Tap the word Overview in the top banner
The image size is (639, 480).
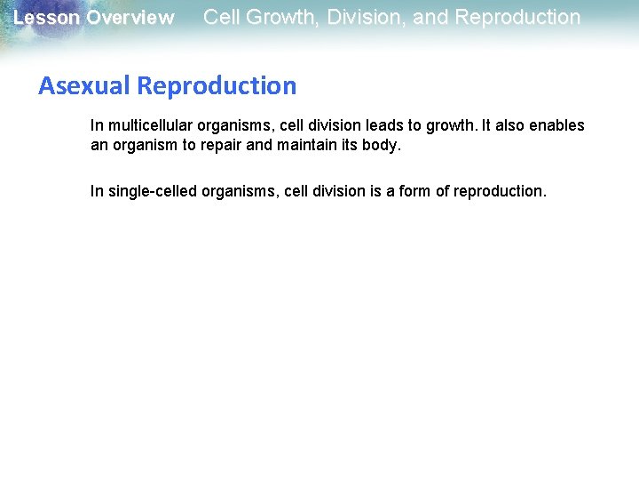[x=130, y=18]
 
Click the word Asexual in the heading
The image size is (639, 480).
[x=85, y=86]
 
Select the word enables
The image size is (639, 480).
[x=558, y=125]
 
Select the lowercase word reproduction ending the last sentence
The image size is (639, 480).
[x=500, y=191]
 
